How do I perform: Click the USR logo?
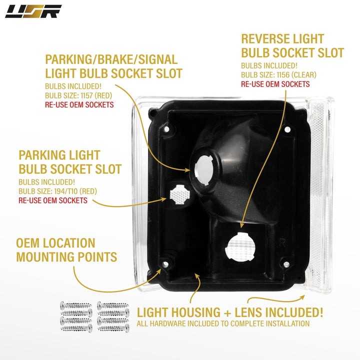[x=33, y=11]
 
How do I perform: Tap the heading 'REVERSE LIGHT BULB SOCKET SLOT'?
[x=292, y=45]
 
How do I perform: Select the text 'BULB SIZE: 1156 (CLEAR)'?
[x=278, y=75]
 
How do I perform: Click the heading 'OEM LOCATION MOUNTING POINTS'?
[x=66, y=250]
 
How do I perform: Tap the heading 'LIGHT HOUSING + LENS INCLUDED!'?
[x=230, y=313]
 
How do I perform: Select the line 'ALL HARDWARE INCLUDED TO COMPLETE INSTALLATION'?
[x=223, y=324]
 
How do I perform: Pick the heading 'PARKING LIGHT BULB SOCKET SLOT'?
[x=70, y=162]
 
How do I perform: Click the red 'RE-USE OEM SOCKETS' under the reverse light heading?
[x=275, y=84]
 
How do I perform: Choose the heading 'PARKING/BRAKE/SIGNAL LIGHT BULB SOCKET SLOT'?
[x=113, y=66]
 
